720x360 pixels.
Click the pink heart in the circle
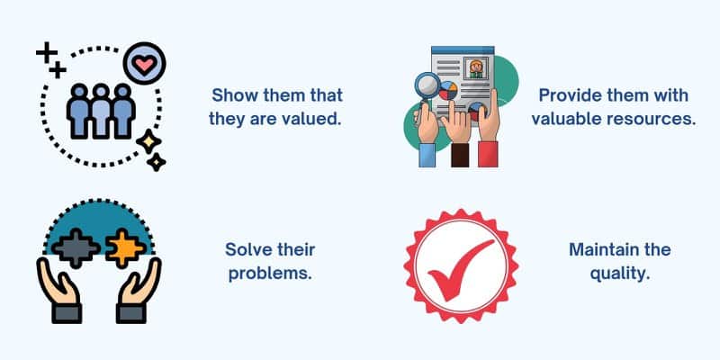point(144,64)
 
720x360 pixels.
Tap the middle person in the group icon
point(101,111)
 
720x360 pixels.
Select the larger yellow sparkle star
point(148,142)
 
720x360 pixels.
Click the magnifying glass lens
point(427,85)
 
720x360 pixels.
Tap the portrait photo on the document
point(475,69)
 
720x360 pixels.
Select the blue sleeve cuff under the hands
point(427,156)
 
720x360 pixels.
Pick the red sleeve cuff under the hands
point(488,154)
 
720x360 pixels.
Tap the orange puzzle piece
point(126,248)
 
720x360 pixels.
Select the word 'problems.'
point(271,274)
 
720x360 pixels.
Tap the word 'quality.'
point(620,274)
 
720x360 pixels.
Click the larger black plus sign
point(47,52)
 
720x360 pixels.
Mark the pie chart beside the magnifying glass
point(448,91)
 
